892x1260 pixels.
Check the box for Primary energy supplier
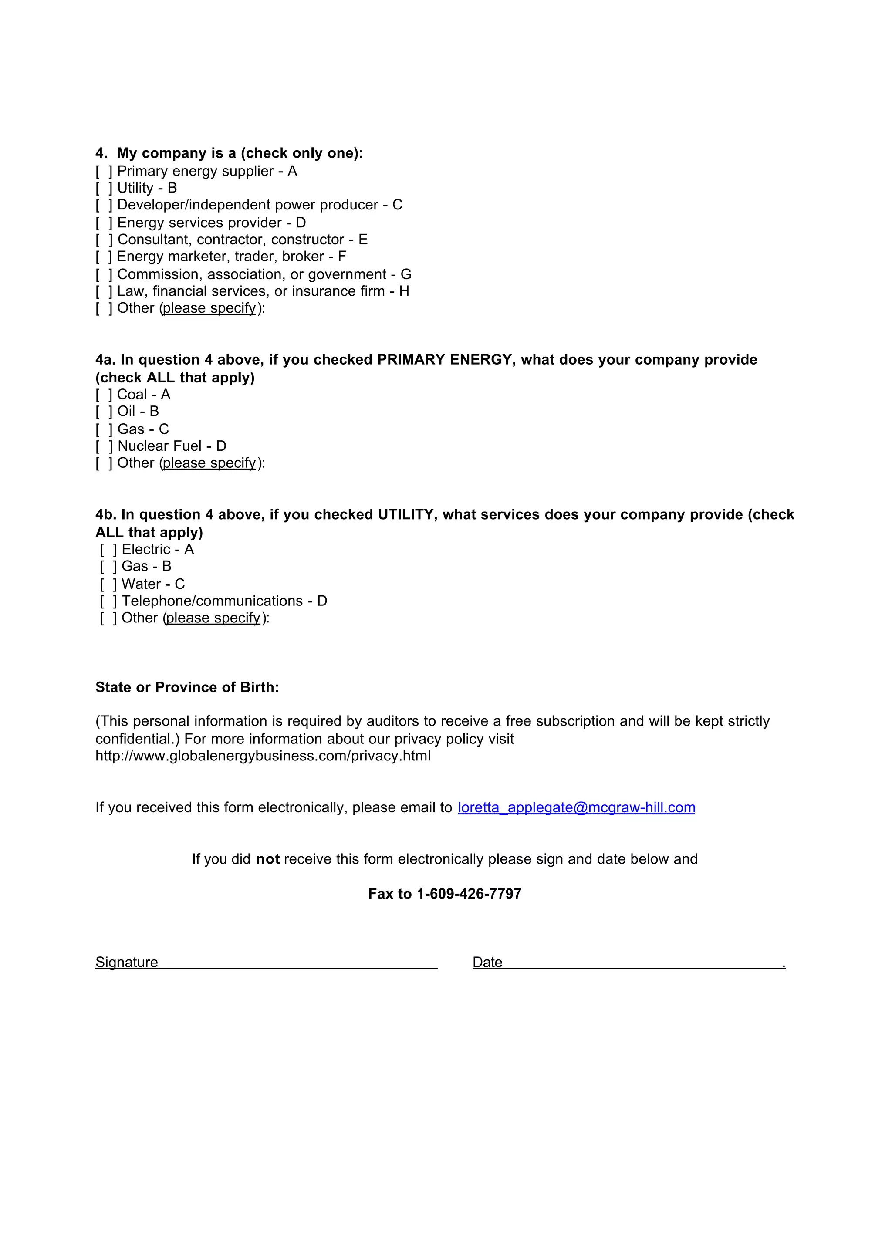pos(104,171)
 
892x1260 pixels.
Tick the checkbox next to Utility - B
pos(104,189)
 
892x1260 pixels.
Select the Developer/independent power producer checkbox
pos(104,206)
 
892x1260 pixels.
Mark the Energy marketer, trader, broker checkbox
pos(104,257)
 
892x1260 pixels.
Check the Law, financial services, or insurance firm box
pos(104,292)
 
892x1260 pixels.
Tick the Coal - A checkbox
pos(104,395)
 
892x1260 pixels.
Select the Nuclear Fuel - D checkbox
pos(104,446)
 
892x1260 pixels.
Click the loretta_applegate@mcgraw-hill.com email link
pos(576,807)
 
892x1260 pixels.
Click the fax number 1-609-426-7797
pos(469,894)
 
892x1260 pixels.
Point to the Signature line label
pos(127,962)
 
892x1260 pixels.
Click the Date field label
pos(487,962)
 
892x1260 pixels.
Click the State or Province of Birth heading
pos(187,688)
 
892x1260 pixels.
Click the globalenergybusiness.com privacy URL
pos(263,757)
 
